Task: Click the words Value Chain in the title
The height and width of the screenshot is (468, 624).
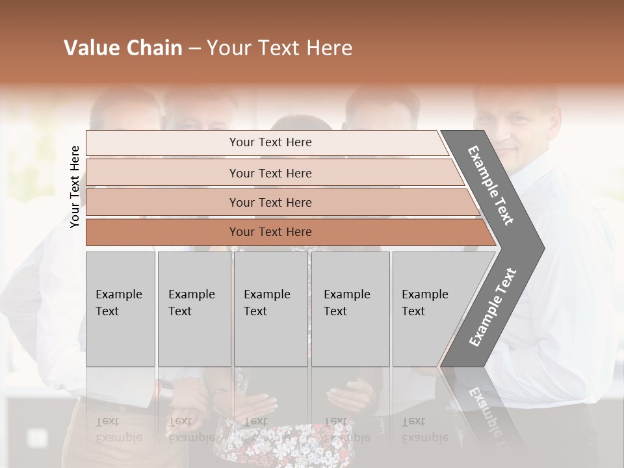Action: tap(123, 48)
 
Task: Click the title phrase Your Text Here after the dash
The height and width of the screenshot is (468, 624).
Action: tap(279, 48)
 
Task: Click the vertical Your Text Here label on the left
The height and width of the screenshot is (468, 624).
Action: tap(75, 187)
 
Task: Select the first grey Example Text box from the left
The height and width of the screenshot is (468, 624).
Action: tap(120, 309)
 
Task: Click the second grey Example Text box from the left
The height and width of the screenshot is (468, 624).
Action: tap(194, 309)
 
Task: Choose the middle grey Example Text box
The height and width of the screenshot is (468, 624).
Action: tap(270, 309)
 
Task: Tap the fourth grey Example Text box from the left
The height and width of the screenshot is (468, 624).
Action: tap(350, 309)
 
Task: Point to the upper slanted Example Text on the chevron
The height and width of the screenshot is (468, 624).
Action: tap(491, 185)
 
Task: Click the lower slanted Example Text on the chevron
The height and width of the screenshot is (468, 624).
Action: tap(492, 307)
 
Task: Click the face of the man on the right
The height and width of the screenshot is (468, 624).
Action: tap(517, 130)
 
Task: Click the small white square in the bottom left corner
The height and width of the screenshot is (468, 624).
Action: tap(37, 437)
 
